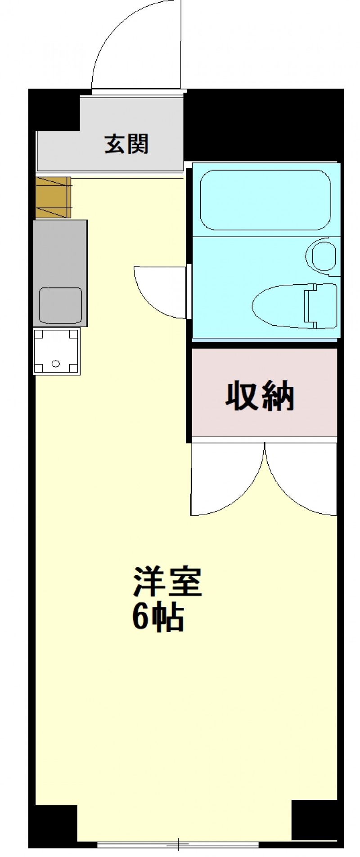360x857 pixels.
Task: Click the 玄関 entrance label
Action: coord(126,144)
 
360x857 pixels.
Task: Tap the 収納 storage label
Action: coord(260,396)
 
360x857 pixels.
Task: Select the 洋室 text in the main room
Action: coord(166,581)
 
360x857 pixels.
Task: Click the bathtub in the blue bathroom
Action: coord(265,200)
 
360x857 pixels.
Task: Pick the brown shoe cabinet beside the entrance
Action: coord(53,197)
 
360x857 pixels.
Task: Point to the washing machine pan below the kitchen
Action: coord(57,351)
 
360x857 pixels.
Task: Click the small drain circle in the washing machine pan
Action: coord(56,363)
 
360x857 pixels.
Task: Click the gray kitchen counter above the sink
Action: coord(60,253)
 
